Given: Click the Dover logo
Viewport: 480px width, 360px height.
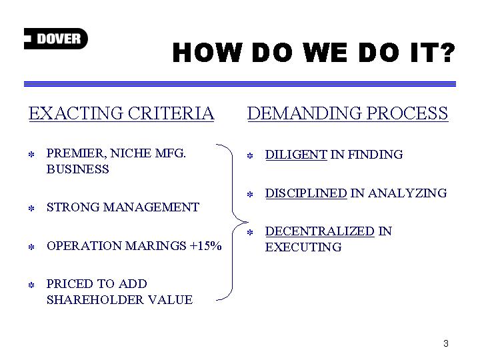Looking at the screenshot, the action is pos(56,39).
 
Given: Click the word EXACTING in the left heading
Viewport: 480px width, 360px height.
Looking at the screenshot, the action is pos(76,113).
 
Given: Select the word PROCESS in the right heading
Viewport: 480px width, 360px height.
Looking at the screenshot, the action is pos(407,113).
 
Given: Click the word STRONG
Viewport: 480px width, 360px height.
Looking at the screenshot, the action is pos(73,207).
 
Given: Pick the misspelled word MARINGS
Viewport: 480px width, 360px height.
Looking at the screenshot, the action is pos(155,246).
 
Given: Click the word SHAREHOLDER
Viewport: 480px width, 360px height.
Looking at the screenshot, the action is pos(95,300).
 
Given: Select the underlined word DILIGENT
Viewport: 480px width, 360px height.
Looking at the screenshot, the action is pos(296,155).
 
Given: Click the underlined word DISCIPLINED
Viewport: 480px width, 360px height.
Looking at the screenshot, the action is pos(306,193).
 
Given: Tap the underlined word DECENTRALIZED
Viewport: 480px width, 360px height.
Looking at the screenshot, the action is pos(319,231).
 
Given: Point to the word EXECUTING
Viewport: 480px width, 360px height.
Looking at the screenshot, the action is pos(303,247).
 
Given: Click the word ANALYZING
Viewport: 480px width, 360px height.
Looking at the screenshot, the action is pos(407,193).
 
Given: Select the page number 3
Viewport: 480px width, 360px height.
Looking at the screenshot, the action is pos(446,343).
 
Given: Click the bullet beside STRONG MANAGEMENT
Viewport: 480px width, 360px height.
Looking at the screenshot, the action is pos(31,209).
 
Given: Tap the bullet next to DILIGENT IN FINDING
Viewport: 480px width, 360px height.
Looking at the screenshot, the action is pos(250,156).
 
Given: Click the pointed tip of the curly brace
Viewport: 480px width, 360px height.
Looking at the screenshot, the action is pos(248,222).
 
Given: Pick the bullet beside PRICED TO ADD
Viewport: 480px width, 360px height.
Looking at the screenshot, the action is pos(31,285).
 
